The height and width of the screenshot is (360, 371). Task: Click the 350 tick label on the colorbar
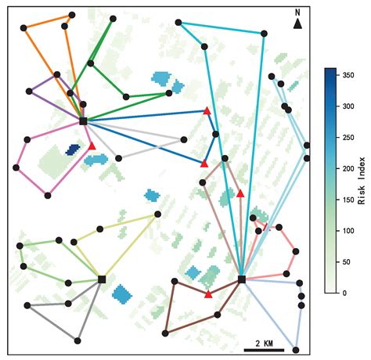348,75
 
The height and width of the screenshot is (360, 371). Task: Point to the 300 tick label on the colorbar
348,106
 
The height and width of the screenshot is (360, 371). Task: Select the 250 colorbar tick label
348,138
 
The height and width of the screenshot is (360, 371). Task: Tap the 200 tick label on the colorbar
348,168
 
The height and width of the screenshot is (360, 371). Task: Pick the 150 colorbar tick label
348,200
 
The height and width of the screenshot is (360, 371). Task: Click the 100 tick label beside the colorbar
348,231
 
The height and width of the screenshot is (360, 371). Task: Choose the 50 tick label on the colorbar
347,262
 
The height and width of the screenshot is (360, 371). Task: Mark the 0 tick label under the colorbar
344,293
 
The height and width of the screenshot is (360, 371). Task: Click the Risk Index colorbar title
362,181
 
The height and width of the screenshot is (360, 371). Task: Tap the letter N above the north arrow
297,13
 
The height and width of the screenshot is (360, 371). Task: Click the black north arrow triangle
297,23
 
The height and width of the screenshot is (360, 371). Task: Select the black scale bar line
264,350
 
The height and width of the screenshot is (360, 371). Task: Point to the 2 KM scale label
264,344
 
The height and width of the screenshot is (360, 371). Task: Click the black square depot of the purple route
83,121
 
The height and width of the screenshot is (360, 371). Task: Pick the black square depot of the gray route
102,279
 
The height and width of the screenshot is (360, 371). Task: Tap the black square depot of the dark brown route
242,279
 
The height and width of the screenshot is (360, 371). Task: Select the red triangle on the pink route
92,146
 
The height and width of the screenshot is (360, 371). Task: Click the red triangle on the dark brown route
208,294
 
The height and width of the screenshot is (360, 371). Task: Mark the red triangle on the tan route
240,193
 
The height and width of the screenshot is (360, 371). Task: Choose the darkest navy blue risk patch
72,149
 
